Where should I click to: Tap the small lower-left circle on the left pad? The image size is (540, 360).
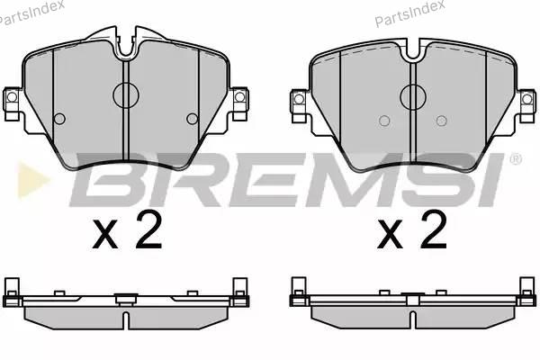pos(59,119)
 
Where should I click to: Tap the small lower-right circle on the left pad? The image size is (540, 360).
pos(193,119)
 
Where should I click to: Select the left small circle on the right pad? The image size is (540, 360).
pos(384,121)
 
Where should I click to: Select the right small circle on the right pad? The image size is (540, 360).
pos(442,121)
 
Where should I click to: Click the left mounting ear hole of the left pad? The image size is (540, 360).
pos(12,97)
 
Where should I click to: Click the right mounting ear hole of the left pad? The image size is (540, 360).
pos(239,97)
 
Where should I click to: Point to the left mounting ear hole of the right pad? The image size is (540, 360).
pos(299,99)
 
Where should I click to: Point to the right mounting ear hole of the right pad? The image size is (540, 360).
pos(526,99)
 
